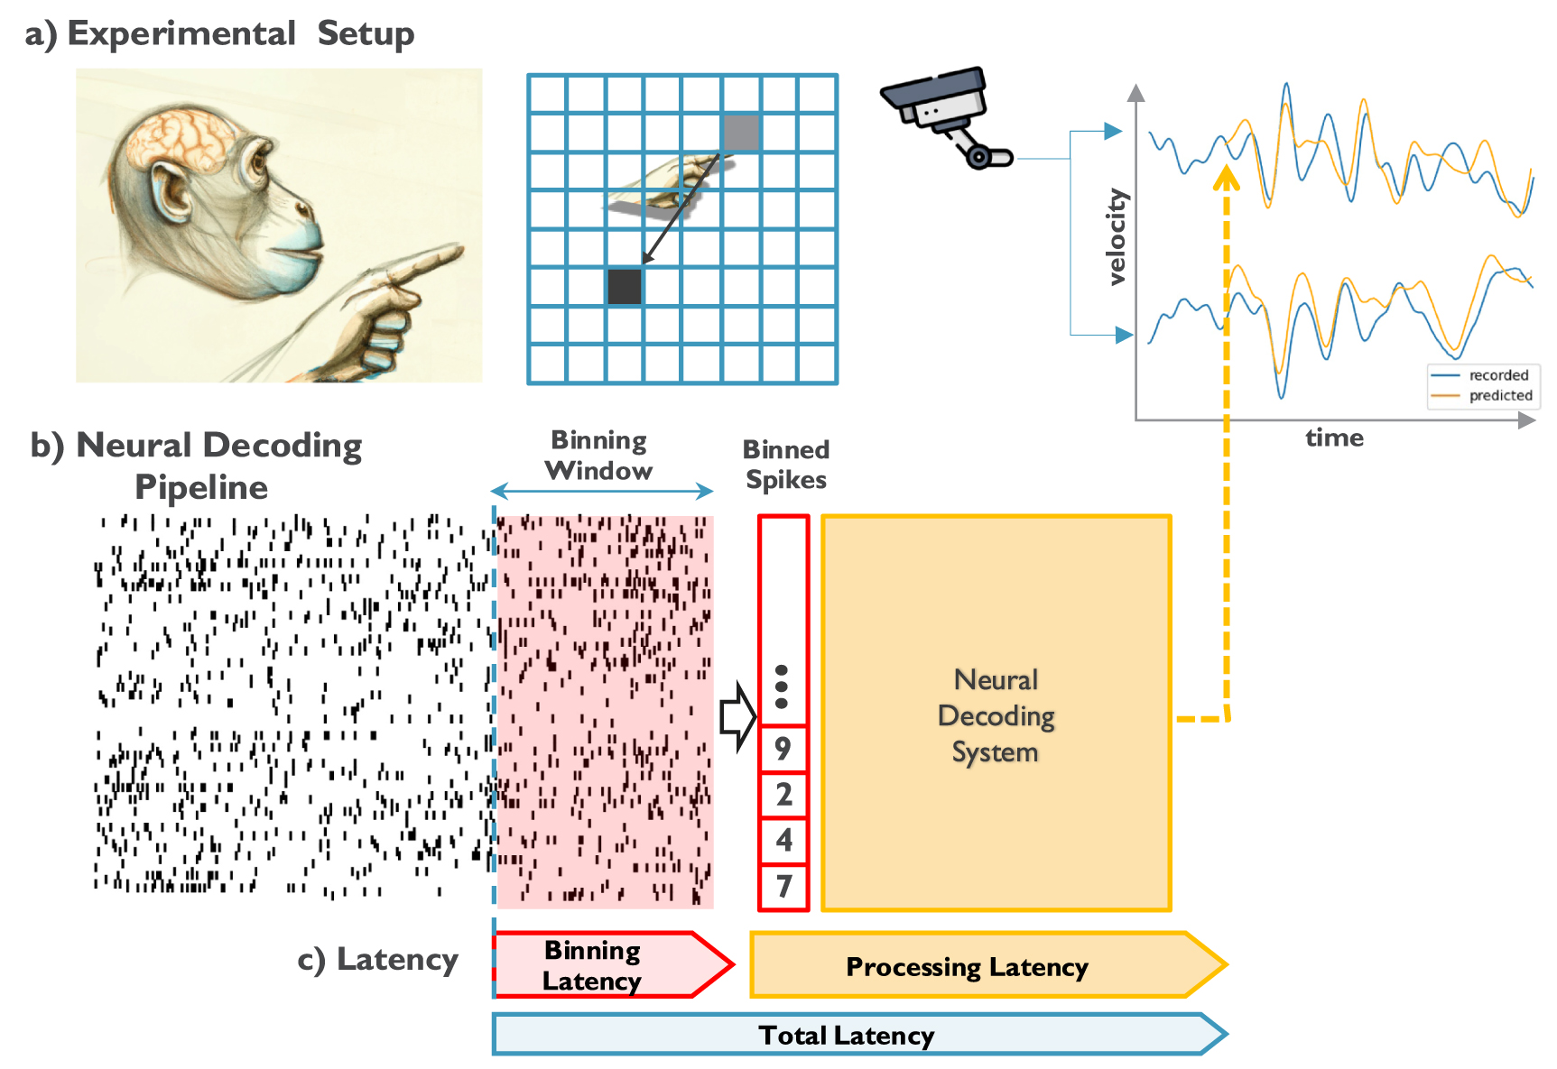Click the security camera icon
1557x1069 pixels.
point(943,113)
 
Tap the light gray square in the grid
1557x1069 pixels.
point(741,133)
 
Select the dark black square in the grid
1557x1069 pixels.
point(625,286)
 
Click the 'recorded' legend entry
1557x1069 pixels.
point(1497,375)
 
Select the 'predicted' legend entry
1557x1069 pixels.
point(1499,395)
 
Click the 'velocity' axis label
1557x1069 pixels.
point(1117,237)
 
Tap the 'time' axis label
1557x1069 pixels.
point(1334,438)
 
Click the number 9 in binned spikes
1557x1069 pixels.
point(783,748)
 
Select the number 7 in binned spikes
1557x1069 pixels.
point(783,886)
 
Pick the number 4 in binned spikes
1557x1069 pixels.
point(783,840)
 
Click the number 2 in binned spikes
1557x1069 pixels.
point(783,794)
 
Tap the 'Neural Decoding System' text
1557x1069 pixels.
point(996,715)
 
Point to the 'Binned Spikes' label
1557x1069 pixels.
point(785,464)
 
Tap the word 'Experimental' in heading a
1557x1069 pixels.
point(181,33)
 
